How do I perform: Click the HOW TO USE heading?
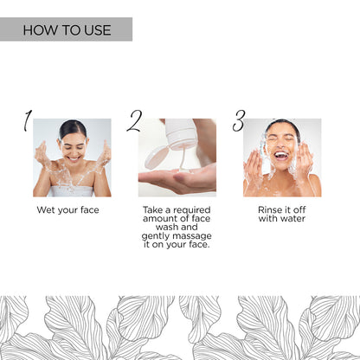[67, 30]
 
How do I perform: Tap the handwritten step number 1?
[28, 121]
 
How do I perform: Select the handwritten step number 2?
[134, 121]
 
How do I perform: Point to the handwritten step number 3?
[239, 121]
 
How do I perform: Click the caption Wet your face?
[67, 210]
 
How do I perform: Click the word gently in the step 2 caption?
[158, 237]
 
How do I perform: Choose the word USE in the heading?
[96, 30]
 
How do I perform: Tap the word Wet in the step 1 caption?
[46, 210]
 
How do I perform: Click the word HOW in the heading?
[38, 30]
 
